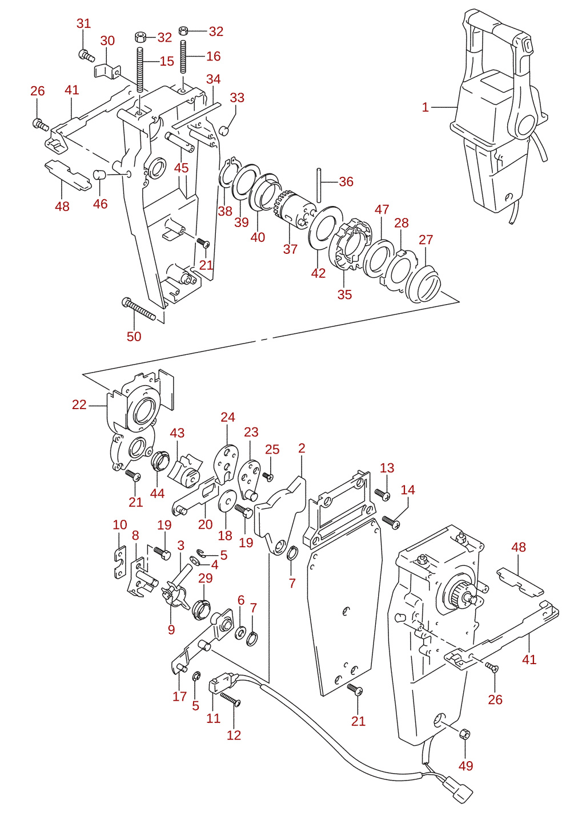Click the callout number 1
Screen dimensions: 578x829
425,107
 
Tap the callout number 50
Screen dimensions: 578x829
134,337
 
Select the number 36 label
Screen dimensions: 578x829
346,181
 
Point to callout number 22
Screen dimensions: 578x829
79,405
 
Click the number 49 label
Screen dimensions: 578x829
465,765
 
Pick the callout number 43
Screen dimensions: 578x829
177,432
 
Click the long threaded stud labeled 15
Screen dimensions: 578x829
141,70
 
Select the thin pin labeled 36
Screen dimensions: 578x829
319,185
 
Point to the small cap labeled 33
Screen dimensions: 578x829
224,131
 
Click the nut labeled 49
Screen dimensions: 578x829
464,733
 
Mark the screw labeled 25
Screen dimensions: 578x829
268,476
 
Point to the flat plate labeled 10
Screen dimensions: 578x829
120,562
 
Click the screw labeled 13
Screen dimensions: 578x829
382,494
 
